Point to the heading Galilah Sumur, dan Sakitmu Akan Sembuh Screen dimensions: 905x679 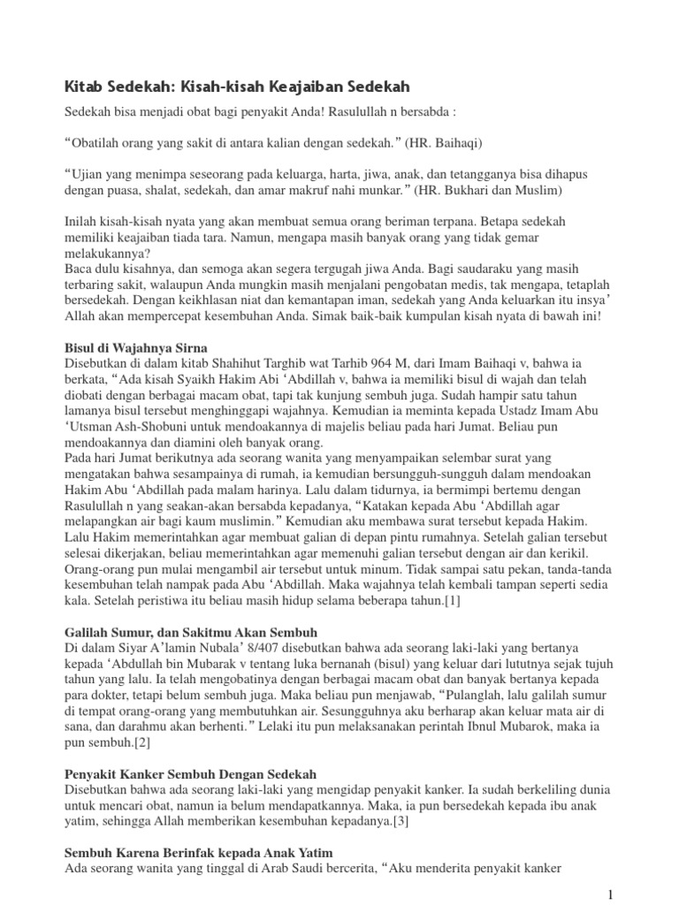coord(190,633)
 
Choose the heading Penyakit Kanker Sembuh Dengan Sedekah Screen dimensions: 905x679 coord(190,773)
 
